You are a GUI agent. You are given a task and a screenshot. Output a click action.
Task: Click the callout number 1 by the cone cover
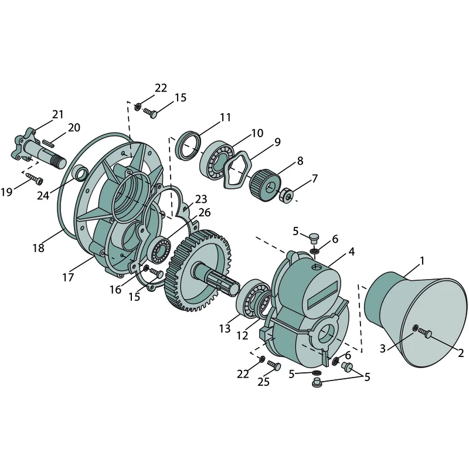coord(422,261)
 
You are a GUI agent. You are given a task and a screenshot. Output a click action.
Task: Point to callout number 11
coord(225,117)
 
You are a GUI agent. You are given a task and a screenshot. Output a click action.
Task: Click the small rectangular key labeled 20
coord(48,142)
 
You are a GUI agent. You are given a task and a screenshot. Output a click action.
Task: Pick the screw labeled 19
coord(35,179)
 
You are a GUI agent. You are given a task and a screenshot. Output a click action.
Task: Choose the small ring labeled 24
coord(80,172)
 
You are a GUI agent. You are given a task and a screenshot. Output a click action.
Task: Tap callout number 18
coord(38,247)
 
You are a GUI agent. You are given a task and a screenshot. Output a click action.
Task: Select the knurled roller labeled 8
coord(265,185)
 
